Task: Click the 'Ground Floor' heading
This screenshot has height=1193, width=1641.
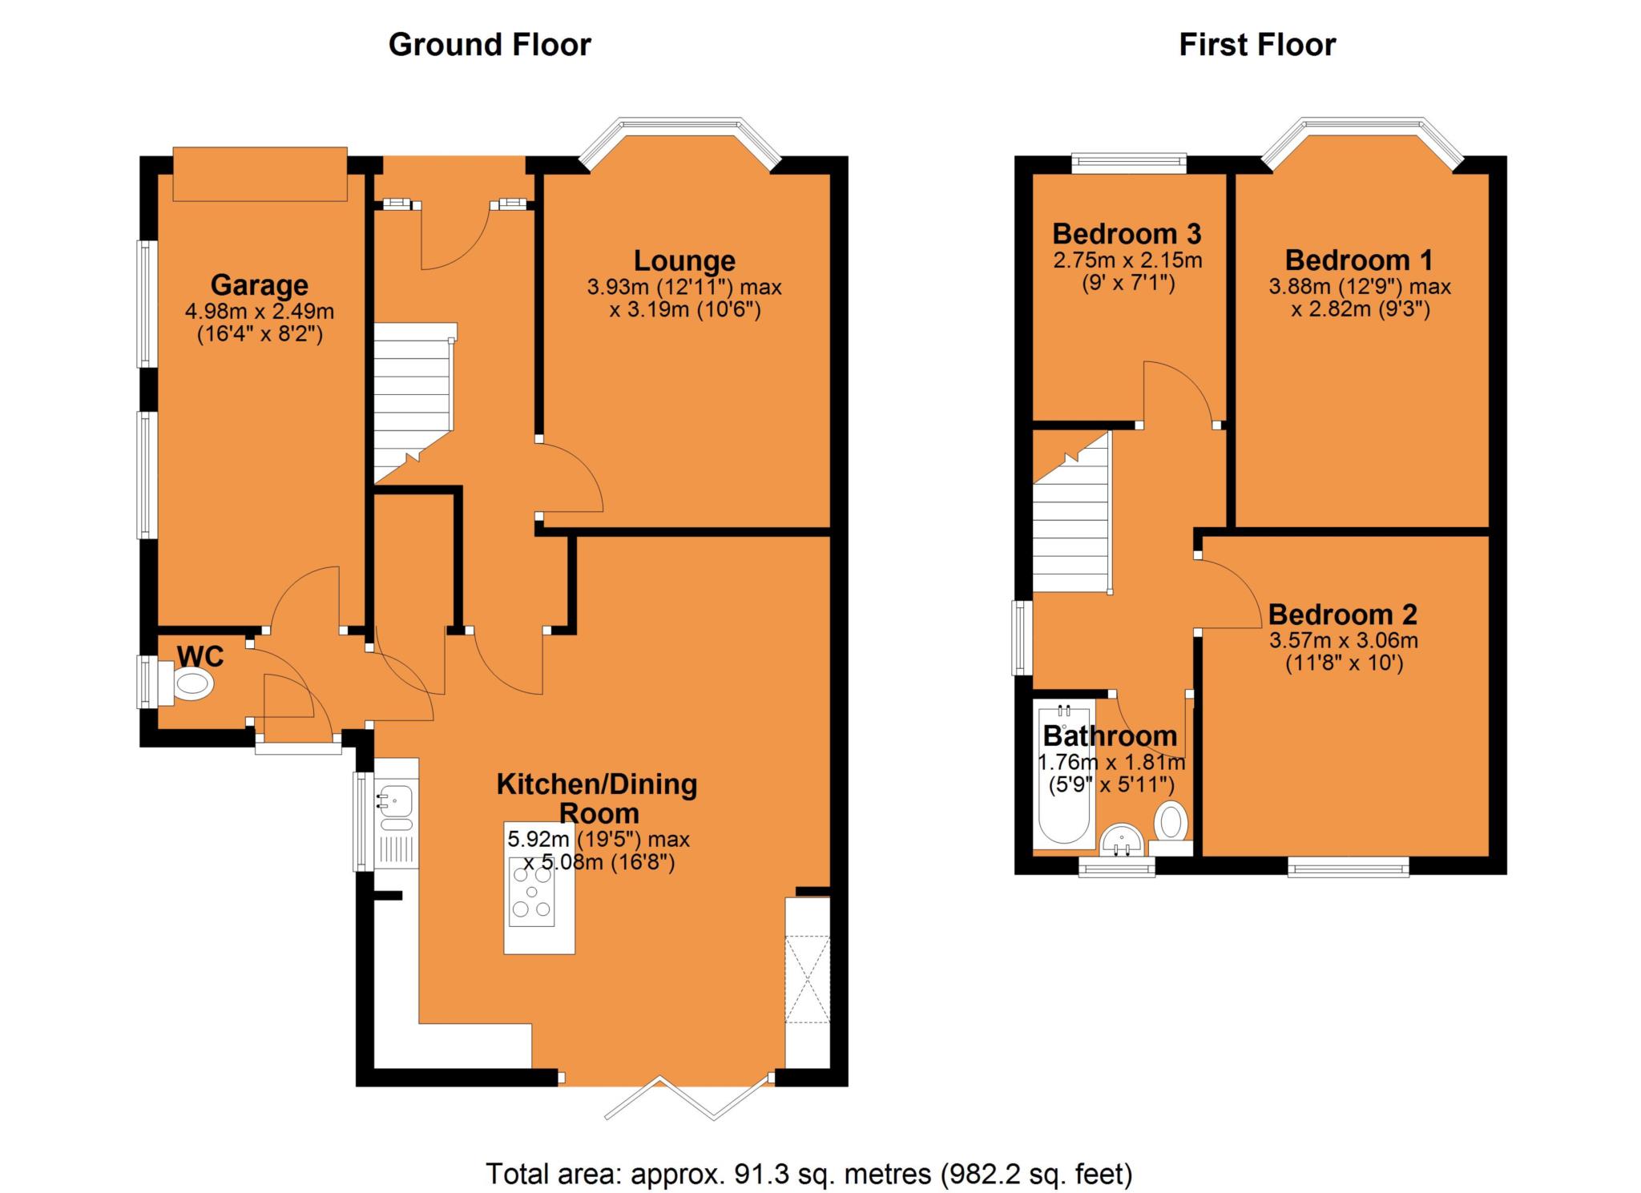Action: pos(490,45)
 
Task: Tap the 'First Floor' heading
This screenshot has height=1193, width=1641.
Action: pos(1257,45)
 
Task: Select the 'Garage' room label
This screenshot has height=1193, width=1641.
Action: pos(260,285)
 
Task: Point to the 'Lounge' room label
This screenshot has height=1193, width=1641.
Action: pos(684,260)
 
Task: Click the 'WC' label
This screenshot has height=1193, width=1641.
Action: pos(200,657)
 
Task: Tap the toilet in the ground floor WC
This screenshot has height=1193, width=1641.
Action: pos(188,683)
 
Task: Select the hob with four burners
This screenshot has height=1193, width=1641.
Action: pos(532,891)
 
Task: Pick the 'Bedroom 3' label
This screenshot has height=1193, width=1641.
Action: pos(1127,234)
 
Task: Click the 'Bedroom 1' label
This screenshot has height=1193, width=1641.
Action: pos(1359,260)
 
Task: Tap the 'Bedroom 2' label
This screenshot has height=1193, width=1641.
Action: pos(1343,615)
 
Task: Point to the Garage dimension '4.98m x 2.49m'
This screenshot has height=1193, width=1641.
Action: pos(260,311)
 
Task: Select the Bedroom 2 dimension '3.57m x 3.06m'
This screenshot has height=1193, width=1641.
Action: pos(1344,641)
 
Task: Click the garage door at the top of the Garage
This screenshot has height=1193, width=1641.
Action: pos(260,174)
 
